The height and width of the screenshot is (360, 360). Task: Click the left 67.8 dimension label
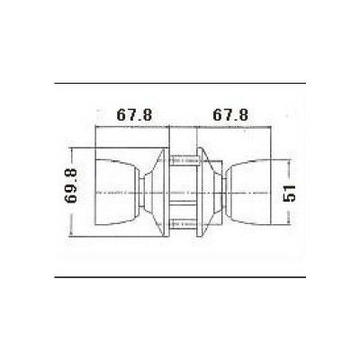133,116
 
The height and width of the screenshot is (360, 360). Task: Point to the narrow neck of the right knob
226,192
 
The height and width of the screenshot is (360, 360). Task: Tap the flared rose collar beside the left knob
157,191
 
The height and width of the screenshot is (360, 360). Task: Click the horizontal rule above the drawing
180,84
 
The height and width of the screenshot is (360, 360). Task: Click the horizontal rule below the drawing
180,278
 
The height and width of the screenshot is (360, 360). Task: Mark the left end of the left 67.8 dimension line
94,127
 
